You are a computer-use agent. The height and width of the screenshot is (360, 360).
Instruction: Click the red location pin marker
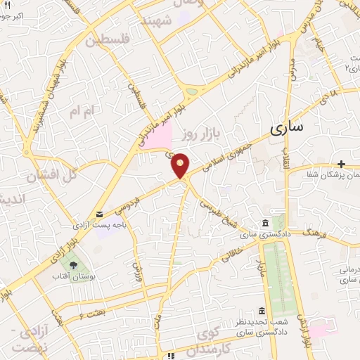pos(181,165)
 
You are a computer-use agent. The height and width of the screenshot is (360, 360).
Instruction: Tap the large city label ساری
pos(287,127)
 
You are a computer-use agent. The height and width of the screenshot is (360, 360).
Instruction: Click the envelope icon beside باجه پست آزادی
pos(99,214)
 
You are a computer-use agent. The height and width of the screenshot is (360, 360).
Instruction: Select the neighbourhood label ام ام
pos(81,111)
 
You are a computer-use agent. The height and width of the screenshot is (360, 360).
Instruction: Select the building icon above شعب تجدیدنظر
pos(262,310)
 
